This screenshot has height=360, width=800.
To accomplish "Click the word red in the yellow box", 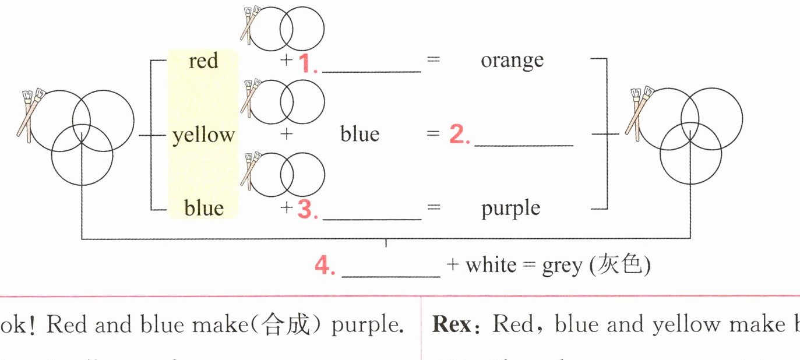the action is pyautogui.click(x=203, y=61).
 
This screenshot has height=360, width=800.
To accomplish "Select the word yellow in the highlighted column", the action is pyautogui.click(x=203, y=135).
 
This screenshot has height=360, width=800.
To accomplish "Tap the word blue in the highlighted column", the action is pyautogui.click(x=203, y=208).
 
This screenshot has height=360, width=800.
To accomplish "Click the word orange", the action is pyautogui.click(x=512, y=60).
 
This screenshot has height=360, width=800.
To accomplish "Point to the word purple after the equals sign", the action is pyautogui.click(x=510, y=208).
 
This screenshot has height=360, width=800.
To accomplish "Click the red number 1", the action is pyautogui.click(x=306, y=63).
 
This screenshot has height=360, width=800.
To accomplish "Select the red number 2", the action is pyautogui.click(x=458, y=135).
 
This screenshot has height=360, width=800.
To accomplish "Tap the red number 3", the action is pyautogui.click(x=306, y=210).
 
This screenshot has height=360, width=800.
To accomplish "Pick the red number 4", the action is pyautogui.click(x=323, y=266).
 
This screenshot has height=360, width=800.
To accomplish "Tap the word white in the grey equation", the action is pyautogui.click(x=491, y=266).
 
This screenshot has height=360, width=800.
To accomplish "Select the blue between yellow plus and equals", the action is pyautogui.click(x=360, y=135).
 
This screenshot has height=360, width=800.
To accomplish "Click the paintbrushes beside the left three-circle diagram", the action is pyautogui.click(x=30, y=114).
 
